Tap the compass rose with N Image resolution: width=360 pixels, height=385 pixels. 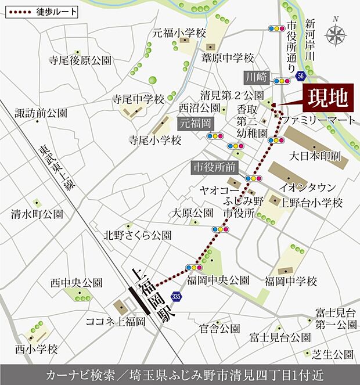(x=335, y=35)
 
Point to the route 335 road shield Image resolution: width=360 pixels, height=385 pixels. (x=176, y=297)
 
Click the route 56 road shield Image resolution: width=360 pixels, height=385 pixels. (x=300, y=76)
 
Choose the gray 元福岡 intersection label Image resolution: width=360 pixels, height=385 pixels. (x=195, y=123)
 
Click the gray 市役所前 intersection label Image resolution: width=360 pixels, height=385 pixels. (x=214, y=167)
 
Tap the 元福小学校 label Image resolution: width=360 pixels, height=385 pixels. (x=179, y=34)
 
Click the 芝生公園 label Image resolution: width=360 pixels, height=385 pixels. (x=332, y=354)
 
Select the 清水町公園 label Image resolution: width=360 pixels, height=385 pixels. (x=37, y=214)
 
